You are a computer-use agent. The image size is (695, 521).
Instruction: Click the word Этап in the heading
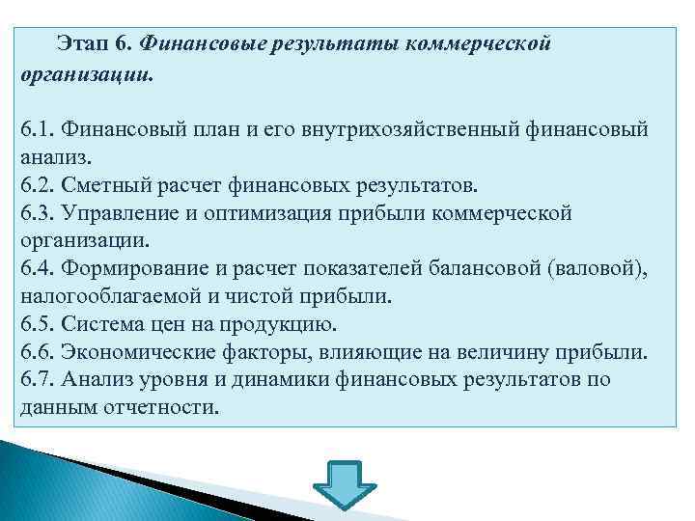coord(81,44)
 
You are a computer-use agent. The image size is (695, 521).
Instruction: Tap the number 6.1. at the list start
coord(37,128)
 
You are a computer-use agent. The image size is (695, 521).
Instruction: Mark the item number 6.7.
coord(37,379)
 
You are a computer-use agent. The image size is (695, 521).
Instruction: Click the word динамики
coord(285,379)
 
